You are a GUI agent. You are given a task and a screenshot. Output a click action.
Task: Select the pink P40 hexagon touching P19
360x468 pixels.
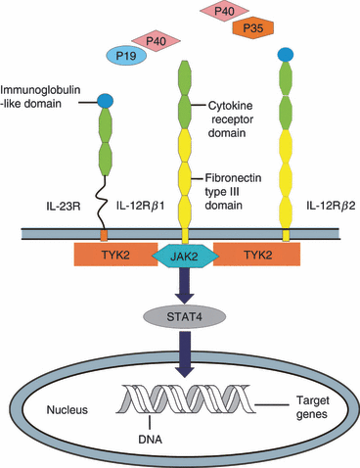[153, 40]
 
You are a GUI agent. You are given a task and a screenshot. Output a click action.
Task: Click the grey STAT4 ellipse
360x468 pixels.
[181, 316]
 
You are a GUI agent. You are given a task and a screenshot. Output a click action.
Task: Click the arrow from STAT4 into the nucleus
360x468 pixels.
[181, 352]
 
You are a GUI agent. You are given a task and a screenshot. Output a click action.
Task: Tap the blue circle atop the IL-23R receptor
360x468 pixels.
[104, 100]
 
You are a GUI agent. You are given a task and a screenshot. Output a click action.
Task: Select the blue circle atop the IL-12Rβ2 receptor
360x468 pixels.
[286, 54]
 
